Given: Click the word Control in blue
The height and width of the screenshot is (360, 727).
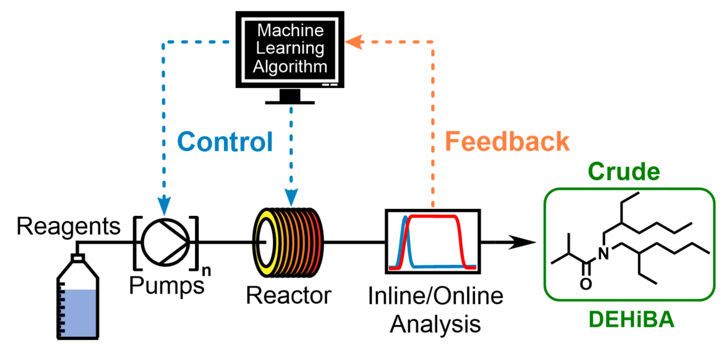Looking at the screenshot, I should [x=225, y=142].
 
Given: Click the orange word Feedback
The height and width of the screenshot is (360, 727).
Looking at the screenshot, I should [x=506, y=142].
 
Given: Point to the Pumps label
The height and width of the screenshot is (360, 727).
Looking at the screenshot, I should [x=166, y=285].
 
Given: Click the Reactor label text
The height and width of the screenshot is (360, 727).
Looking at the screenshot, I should [x=288, y=295].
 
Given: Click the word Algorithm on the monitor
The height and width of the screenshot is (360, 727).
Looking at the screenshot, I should [x=290, y=66].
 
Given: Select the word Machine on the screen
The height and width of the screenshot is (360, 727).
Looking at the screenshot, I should [x=290, y=30].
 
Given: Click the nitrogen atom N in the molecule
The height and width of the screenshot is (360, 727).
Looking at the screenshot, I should [x=603, y=252].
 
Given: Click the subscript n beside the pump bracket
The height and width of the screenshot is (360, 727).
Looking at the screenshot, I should [x=205, y=270].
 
